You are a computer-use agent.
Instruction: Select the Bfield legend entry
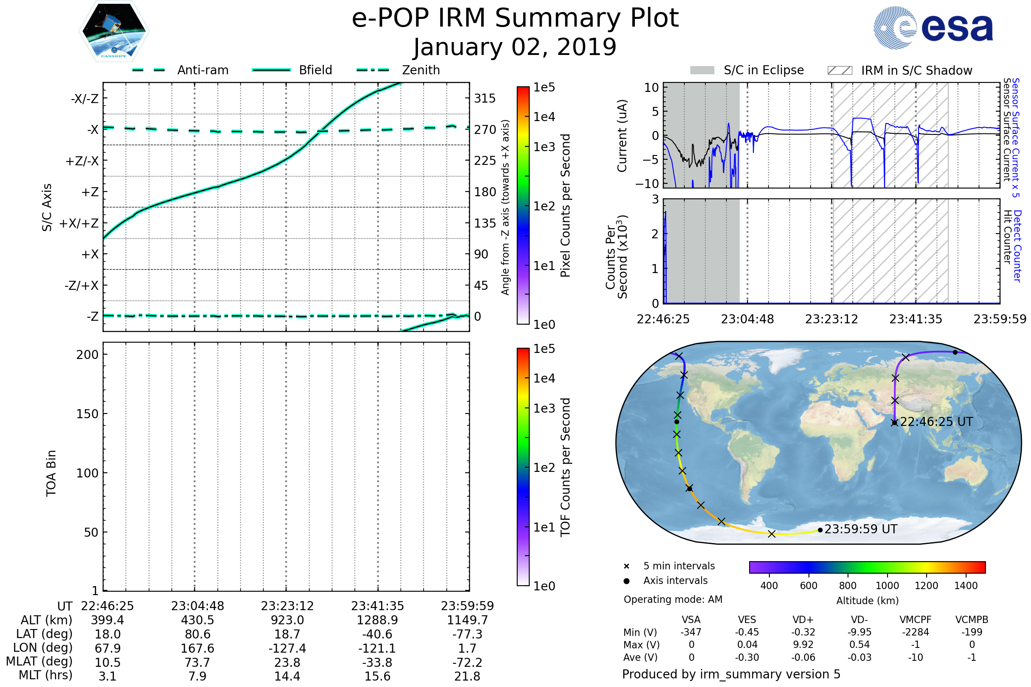point(293,70)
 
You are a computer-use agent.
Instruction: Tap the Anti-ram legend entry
point(180,70)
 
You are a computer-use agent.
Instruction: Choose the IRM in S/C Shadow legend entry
point(900,70)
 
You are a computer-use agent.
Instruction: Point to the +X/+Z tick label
point(79,223)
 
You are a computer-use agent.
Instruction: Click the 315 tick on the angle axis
point(485,99)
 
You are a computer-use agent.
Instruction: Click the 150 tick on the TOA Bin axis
point(87,414)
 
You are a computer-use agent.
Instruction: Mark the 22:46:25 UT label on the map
point(936,422)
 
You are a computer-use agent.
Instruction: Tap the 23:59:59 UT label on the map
point(860,529)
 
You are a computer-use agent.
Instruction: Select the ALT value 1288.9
point(377,620)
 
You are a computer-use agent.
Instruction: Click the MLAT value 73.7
point(197,663)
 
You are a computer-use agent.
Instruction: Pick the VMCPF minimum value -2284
point(915,632)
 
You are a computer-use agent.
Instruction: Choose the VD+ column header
point(803,620)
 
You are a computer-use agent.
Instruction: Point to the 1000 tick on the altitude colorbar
point(887,586)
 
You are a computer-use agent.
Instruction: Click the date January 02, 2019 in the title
point(515,47)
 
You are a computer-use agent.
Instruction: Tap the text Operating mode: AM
point(673,599)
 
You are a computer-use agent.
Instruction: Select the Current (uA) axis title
point(622,136)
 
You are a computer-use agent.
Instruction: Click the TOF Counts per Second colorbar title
point(565,467)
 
